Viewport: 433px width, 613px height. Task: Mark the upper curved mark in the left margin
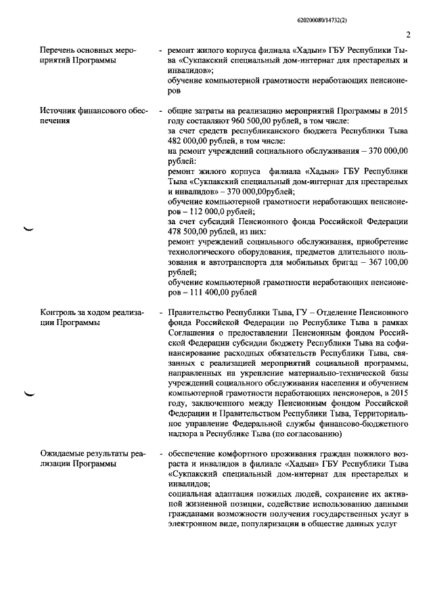pos(28,230)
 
